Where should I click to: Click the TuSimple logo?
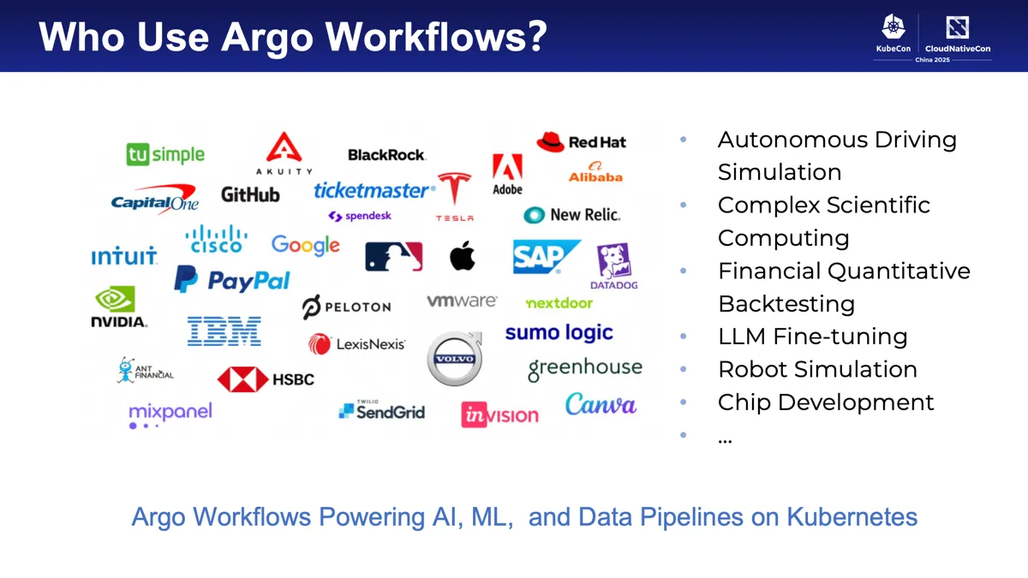pyautogui.click(x=165, y=154)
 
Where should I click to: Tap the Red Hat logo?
pyautogui.click(x=581, y=142)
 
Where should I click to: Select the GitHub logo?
pyautogui.click(x=250, y=194)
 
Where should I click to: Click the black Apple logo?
pyautogui.click(x=463, y=255)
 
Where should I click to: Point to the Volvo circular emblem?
pyautogui.click(x=455, y=359)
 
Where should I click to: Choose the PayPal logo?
pyautogui.click(x=232, y=280)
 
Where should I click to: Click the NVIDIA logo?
pyautogui.click(x=118, y=307)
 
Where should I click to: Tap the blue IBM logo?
pyautogui.click(x=224, y=331)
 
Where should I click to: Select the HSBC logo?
pyautogui.click(x=266, y=378)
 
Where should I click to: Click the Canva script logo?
pyautogui.click(x=601, y=403)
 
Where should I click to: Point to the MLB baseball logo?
pyautogui.click(x=393, y=256)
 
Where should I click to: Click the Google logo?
pyautogui.click(x=305, y=245)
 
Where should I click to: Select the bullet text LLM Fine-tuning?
pyautogui.click(x=812, y=337)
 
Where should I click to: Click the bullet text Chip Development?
pyautogui.click(x=825, y=402)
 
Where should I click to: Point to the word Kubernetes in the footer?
pyautogui.click(x=852, y=517)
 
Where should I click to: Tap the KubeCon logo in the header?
pyautogui.click(x=893, y=37)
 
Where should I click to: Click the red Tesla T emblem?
pyautogui.click(x=454, y=189)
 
